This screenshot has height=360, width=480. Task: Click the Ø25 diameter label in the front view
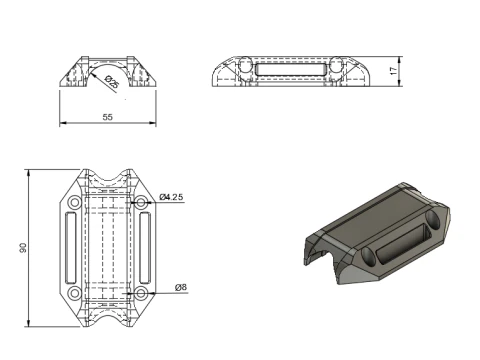pyautogui.click(x=109, y=84)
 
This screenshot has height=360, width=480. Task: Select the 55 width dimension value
pyautogui.click(x=107, y=117)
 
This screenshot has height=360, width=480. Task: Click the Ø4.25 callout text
pyautogui.click(x=171, y=198)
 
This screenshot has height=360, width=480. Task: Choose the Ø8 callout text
pyautogui.click(x=180, y=288)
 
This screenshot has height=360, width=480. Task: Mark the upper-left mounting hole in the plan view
pyautogui.click(x=75, y=202)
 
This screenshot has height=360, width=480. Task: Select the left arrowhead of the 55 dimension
pyautogui.click(x=63, y=124)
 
